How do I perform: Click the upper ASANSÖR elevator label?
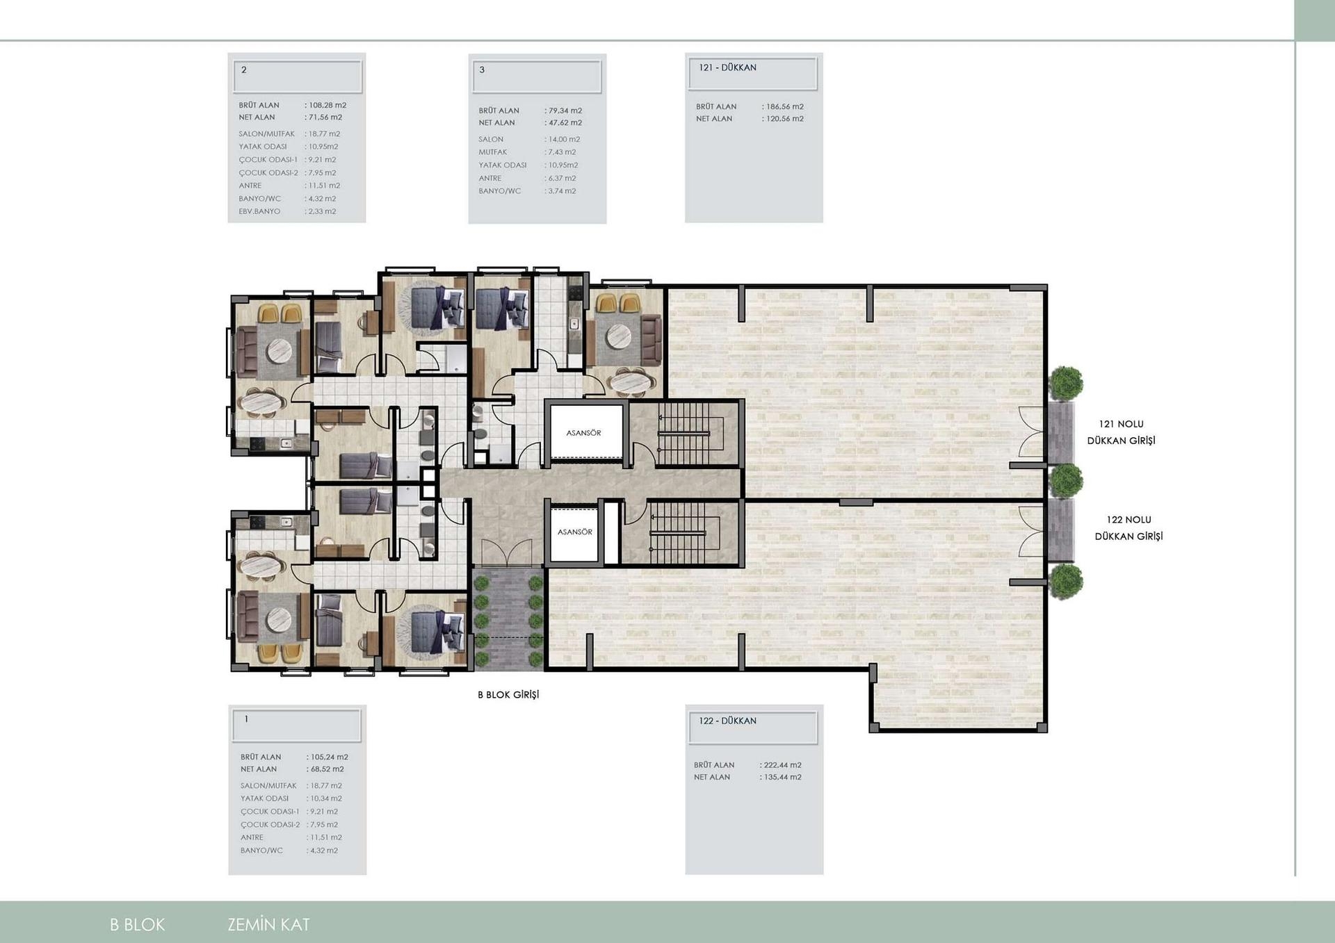pos(583,433)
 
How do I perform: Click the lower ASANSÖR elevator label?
pos(574,532)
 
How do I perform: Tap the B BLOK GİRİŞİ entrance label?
pos(508,695)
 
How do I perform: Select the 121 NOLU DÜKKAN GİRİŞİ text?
pos(1121,432)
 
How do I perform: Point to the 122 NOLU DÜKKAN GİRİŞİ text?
pos(1128,528)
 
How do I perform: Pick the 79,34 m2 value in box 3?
pos(565,110)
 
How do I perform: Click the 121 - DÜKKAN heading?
pos(728,68)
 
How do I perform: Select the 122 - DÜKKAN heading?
pos(728,721)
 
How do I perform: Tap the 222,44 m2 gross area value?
pos(782,765)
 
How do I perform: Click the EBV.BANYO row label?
pos(259,211)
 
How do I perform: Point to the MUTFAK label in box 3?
pos(492,152)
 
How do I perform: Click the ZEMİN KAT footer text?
pos(268,925)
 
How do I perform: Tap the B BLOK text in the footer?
pos(138,925)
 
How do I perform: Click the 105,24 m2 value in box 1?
pos(329,757)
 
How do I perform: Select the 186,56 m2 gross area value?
pos(784,107)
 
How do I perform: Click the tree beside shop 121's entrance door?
pos(1065,383)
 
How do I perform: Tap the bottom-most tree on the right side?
pos(1065,581)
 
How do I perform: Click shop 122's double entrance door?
pos(1032,531)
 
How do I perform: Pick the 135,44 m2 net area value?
pos(782,778)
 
